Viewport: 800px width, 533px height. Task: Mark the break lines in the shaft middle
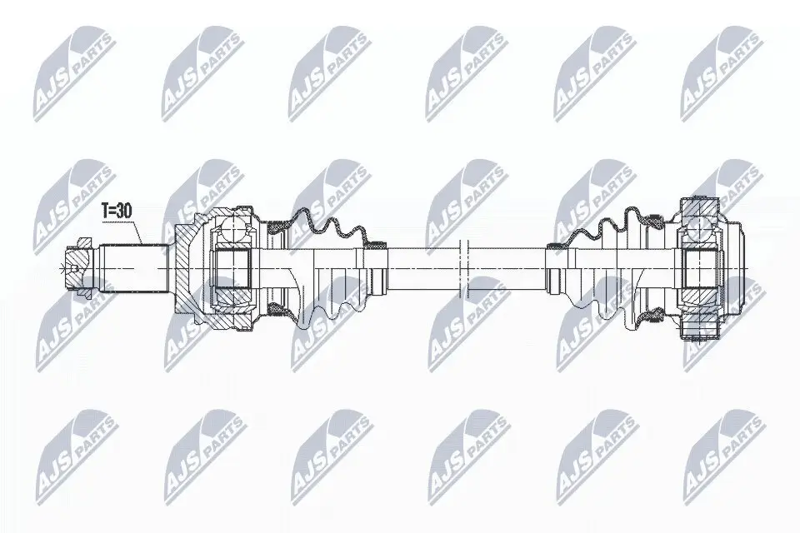point(465,268)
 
